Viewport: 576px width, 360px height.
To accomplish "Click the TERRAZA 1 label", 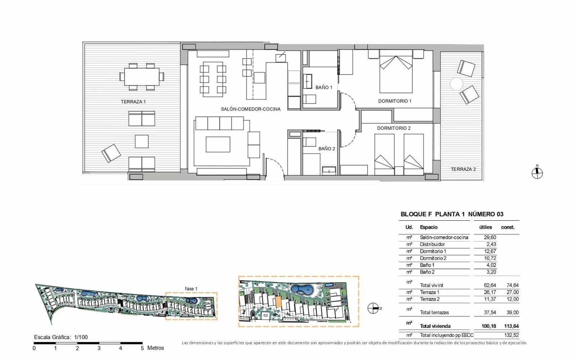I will point(133,102).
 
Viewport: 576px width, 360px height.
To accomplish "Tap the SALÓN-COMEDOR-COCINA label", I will point(251,109).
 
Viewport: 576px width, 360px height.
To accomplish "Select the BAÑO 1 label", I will point(324,87).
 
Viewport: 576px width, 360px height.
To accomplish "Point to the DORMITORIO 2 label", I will point(394,128).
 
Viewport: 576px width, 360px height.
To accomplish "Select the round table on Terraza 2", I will point(456,84).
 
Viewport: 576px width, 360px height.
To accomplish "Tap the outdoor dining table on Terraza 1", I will point(141,77).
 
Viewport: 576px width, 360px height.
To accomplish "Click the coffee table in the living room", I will point(218,144).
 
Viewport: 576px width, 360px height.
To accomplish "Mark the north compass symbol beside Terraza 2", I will point(537,173).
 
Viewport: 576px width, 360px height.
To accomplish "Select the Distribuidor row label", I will point(432,244).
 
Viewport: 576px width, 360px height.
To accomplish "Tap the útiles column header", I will point(485,227).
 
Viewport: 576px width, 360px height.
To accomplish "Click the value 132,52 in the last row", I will point(512,335).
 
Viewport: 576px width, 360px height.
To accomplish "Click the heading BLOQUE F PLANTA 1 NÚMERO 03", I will point(452,214).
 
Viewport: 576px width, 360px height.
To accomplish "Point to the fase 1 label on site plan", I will point(191,289).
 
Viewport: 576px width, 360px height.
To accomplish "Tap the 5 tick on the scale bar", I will point(142,348).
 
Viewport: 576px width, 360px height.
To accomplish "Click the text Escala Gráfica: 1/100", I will point(61,337).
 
